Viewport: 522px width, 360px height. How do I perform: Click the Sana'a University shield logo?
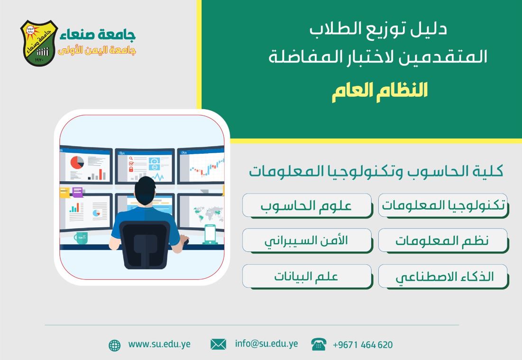(39, 43)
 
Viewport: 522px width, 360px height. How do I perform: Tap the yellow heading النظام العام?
(380, 91)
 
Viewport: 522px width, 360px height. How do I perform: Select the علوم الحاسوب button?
(307, 205)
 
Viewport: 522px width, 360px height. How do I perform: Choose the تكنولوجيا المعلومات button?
(443, 205)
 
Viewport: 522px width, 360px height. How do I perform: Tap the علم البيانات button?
(307, 276)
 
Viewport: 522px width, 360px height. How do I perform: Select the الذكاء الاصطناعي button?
(443, 276)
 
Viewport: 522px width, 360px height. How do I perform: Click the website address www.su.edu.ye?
(159, 344)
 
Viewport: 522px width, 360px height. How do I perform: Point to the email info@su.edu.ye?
(266, 344)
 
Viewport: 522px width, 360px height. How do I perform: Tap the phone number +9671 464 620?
(363, 345)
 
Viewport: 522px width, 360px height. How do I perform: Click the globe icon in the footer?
(115, 345)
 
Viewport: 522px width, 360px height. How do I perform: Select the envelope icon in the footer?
(219, 344)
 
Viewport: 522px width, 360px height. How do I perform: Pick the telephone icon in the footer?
(319, 344)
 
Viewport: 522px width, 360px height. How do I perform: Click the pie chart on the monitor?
(77, 163)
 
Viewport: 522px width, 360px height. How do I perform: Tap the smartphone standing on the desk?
(210, 234)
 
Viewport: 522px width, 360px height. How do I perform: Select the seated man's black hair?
(145, 189)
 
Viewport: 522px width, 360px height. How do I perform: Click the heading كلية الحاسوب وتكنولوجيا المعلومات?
(376, 171)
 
